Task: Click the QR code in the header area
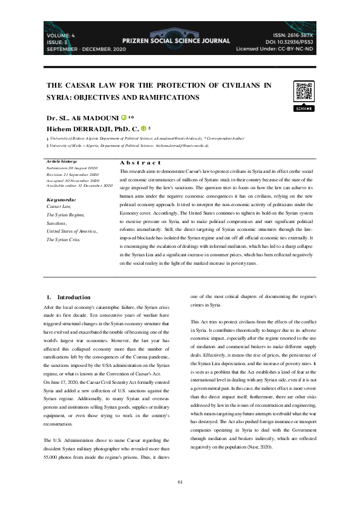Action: click(x=303, y=91)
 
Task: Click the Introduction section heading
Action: click(x=73, y=297)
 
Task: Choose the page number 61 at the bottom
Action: click(x=180, y=481)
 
